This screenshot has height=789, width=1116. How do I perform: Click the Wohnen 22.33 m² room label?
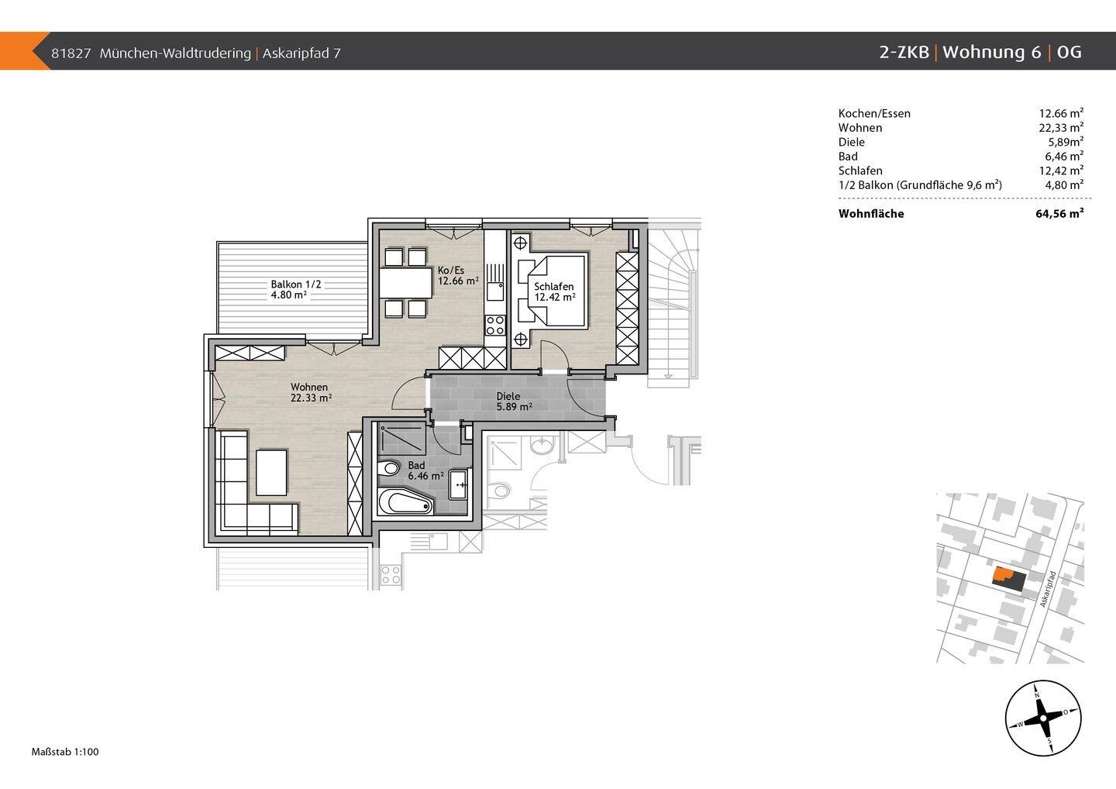point(312,392)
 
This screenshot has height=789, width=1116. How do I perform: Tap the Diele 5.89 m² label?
point(514,401)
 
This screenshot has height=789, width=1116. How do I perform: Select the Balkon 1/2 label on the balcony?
point(296,284)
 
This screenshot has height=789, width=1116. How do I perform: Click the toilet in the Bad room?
point(388,468)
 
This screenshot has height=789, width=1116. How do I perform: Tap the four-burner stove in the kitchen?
point(495,324)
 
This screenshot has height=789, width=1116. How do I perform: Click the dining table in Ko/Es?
point(405,283)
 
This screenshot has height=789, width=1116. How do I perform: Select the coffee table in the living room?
point(271,472)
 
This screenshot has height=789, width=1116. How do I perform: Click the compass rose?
point(1043,718)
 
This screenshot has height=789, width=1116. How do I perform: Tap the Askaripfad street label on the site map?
point(1049,589)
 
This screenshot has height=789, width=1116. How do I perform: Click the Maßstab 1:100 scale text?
point(65,752)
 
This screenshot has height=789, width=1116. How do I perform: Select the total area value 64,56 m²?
point(1059,214)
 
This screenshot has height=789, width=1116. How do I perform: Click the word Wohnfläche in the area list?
point(871,214)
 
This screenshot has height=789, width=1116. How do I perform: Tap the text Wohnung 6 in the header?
point(992,52)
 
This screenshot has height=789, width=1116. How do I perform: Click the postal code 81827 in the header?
point(71,53)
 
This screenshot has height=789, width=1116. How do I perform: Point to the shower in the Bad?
point(401,439)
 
